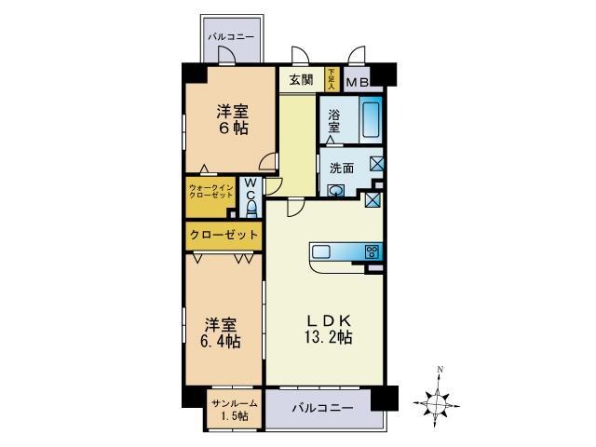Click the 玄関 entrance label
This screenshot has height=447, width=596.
tap(300, 79)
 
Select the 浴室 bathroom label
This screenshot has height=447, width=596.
tap(334, 121)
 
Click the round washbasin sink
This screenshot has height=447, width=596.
tap(337, 191)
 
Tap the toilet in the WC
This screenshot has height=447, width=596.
tap(251, 207)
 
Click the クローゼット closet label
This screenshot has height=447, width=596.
tap(223, 235)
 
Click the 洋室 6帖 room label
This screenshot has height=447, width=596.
tap(231, 118)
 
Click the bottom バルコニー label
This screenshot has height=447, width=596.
tap(321, 408)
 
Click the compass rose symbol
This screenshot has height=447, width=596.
tap(439, 403)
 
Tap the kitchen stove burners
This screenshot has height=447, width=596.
tap(372, 251)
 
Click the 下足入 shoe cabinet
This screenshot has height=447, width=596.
tap(331, 79)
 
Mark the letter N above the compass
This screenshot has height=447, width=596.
tap(440, 371)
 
